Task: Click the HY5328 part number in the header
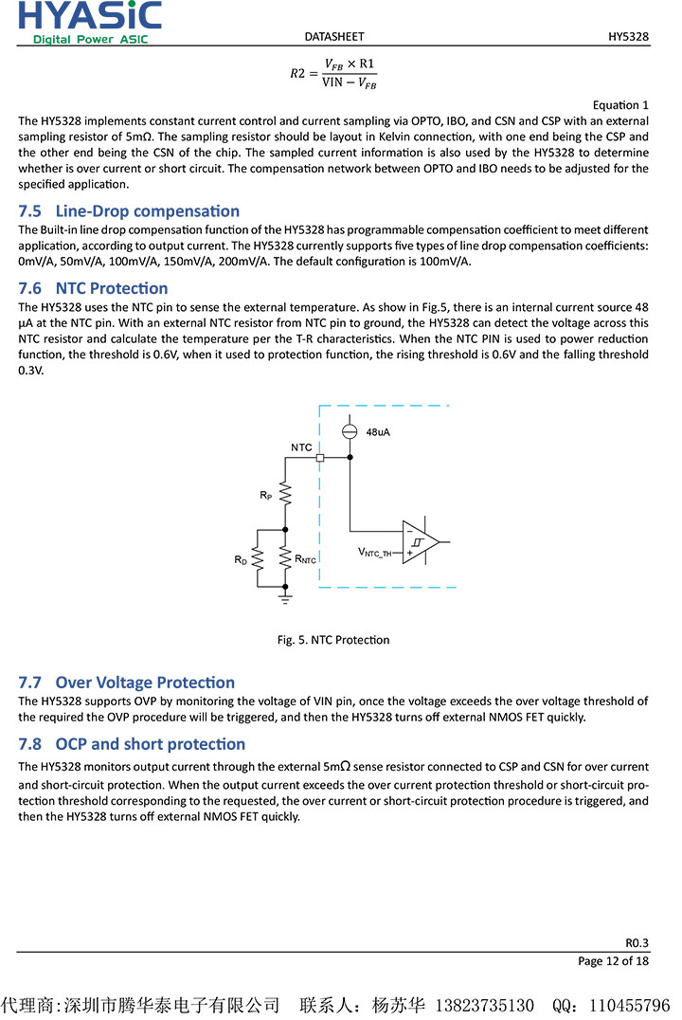coord(628,37)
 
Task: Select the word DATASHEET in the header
coord(334,37)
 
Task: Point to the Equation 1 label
coord(620,105)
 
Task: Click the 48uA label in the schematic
coord(377,432)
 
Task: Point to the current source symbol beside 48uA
coord(350,431)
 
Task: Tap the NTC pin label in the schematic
coord(301,446)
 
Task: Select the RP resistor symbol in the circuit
coord(285,495)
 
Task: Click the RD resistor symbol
coord(257,560)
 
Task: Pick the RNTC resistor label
coord(305,560)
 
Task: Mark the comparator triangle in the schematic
coord(420,542)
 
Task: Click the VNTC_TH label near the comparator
coord(374,552)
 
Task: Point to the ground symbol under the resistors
coord(285,597)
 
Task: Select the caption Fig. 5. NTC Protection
coord(332,640)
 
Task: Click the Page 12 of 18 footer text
coord(613,961)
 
